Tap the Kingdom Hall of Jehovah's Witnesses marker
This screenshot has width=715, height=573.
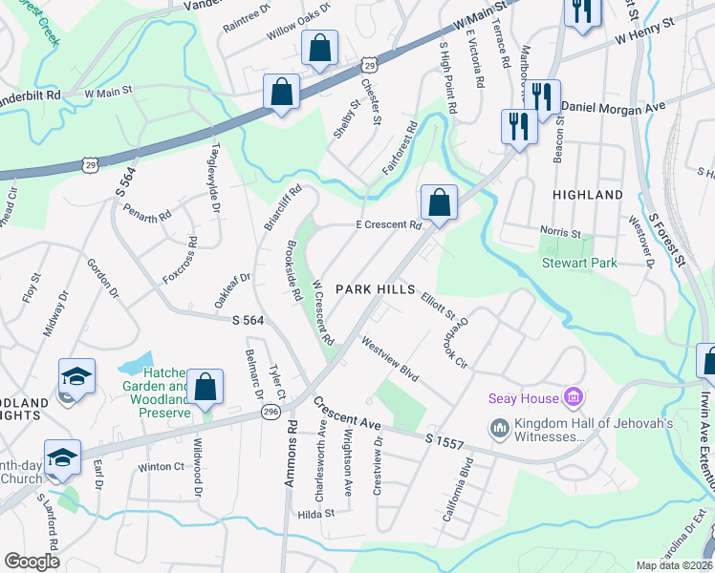coord(498,427)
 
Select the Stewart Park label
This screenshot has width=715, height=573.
coord(579,263)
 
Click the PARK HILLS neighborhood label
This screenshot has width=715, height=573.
coord(375,289)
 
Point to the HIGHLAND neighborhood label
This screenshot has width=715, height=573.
coord(588,195)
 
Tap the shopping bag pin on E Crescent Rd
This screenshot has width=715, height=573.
coord(439,203)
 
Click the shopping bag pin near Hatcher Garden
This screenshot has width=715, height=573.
coord(205,389)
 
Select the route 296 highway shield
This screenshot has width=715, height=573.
coord(271,411)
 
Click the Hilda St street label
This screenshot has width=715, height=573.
coord(314,513)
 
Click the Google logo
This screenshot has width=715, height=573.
coord(32,562)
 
